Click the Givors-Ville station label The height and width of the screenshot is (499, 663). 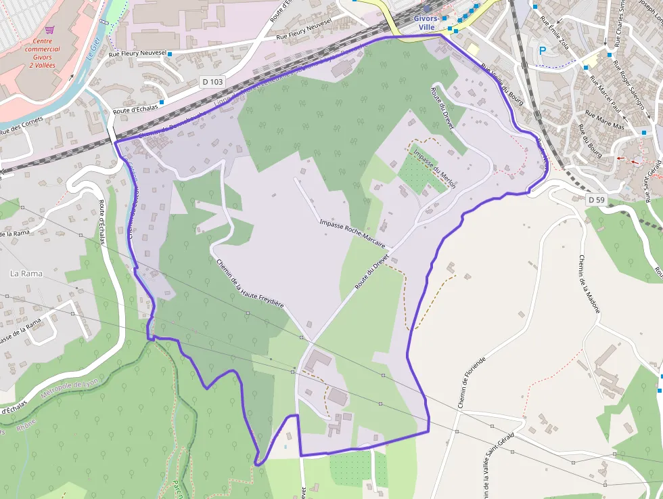click(x=427, y=22)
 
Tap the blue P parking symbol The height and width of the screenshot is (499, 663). click(x=542, y=49)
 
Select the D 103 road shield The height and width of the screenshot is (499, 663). click(x=212, y=82)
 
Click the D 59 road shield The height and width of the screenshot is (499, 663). click(x=596, y=200)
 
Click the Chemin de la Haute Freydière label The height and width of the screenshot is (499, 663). click(x=249, y=285)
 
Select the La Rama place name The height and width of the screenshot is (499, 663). click(x=26, y=274)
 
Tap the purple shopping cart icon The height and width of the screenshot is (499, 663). click(x=49, y=30)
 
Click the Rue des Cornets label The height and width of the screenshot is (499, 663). click(x=22, y=125)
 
